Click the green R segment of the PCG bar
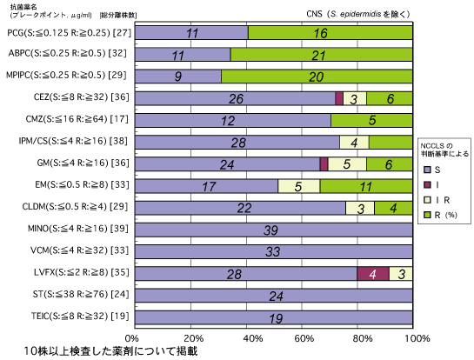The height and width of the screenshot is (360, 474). tap(330, 33)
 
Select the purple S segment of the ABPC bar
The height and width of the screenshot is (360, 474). tap(183, 55)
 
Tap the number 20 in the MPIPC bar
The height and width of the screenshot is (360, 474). tap(317, 77)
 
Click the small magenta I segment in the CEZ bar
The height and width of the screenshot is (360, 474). tap(339, 98)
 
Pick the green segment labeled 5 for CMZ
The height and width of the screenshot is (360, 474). tap(371, 120)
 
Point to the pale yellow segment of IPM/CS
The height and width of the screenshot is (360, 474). tap(354, 142)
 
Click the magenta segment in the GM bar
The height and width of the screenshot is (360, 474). tap(324, 163)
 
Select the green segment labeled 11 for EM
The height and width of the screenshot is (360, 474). tap(366, 186)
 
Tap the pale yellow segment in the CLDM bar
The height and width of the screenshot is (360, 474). tap(360, 208)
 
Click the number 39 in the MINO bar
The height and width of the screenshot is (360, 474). tap(270, 230)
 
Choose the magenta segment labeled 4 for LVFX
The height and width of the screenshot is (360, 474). tap(373, 274)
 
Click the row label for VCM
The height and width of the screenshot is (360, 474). tap(79, 250)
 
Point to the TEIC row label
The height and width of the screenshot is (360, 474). tap(80, 317)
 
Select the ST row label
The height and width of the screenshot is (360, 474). tap(81, 294)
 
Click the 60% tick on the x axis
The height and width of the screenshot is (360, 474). tap(303, 338)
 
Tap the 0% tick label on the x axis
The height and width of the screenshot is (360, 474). tap(132, 338)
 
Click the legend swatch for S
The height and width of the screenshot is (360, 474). tap(427, 170)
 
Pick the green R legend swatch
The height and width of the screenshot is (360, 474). tap(427, 215)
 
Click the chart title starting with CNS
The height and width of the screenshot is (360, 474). tap(358, 14)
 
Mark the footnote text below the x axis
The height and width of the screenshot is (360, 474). tap(110, 351)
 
